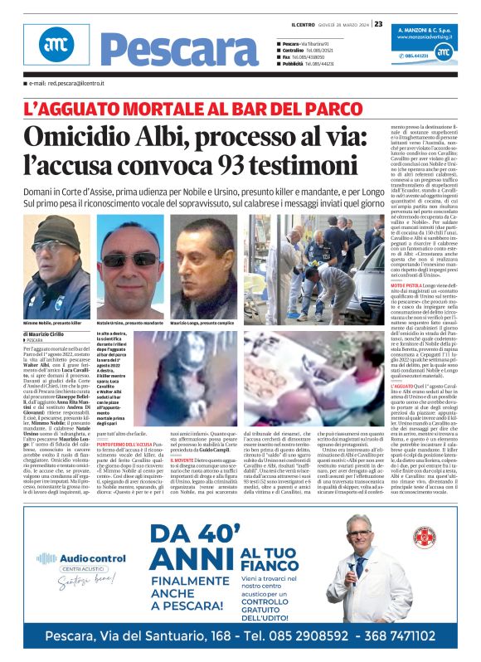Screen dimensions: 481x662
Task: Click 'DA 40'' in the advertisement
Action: click(185, 529)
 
